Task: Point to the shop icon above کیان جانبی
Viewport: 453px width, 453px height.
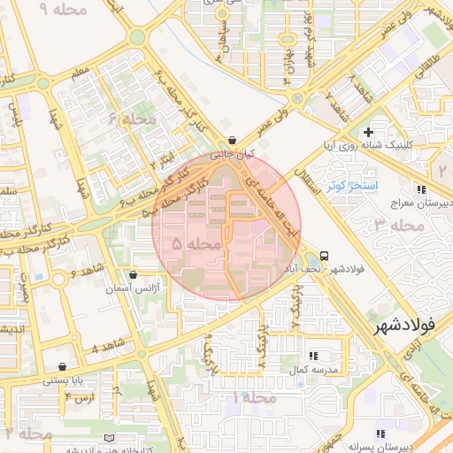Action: pyautogui.click(x=232, y=140)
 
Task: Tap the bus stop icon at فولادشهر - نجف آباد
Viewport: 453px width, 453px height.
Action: pyautogui.click(x=325, y=253)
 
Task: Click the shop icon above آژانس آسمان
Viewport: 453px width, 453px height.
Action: pyautogui.click(x=133, y=275)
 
